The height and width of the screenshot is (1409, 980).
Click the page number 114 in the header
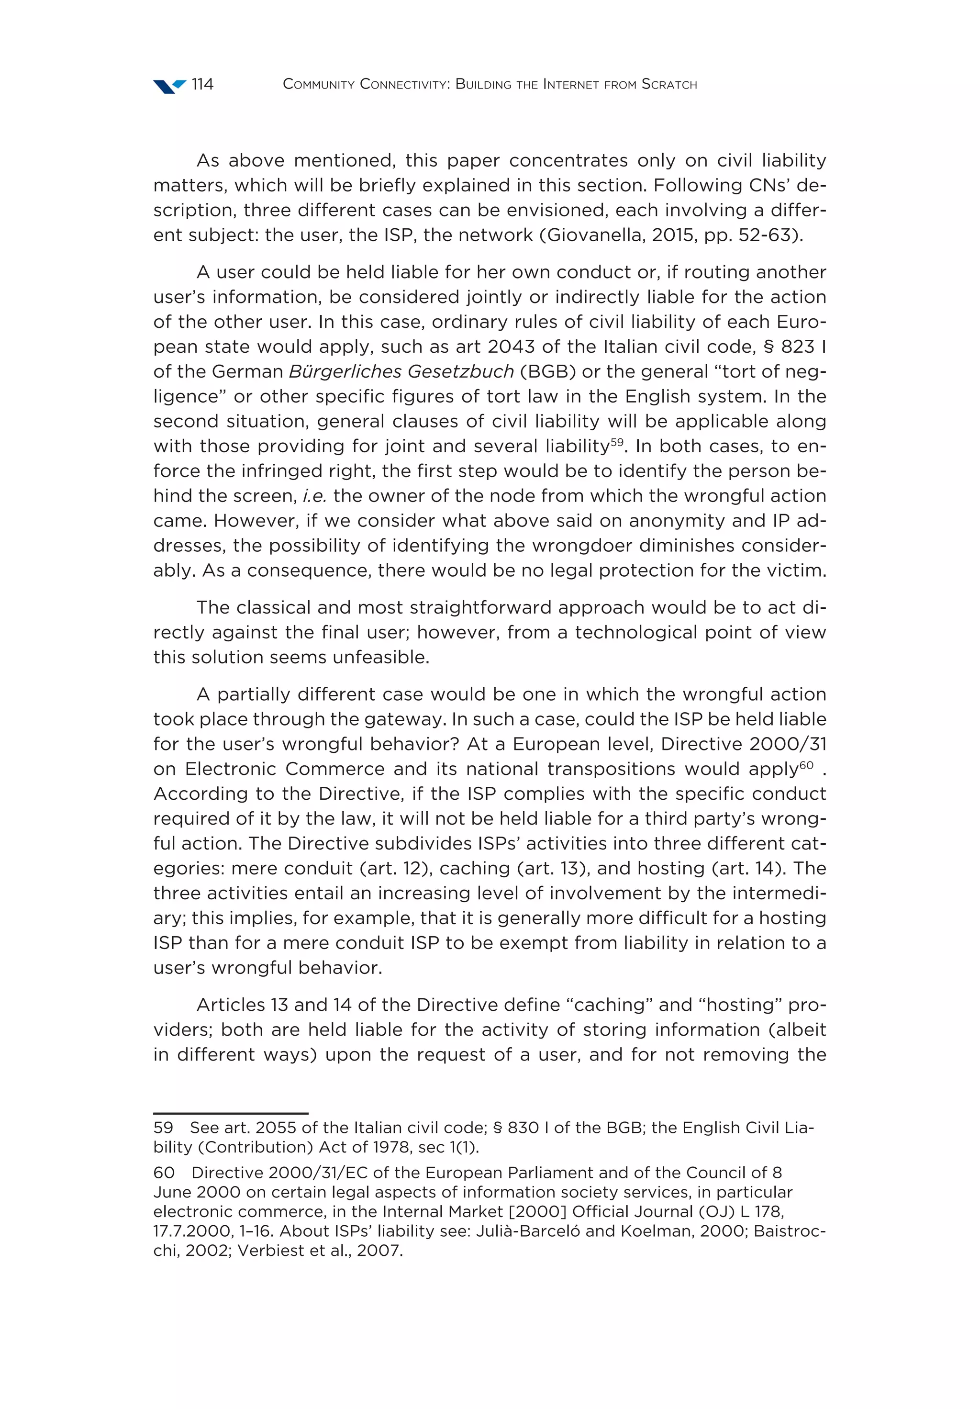click(x=202, y=84)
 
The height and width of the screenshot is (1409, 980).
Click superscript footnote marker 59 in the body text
click(x=616, y=442)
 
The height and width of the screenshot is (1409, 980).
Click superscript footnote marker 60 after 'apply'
click(x=806, y=765)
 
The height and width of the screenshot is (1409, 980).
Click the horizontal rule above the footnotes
click(x=230, y=1113)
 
